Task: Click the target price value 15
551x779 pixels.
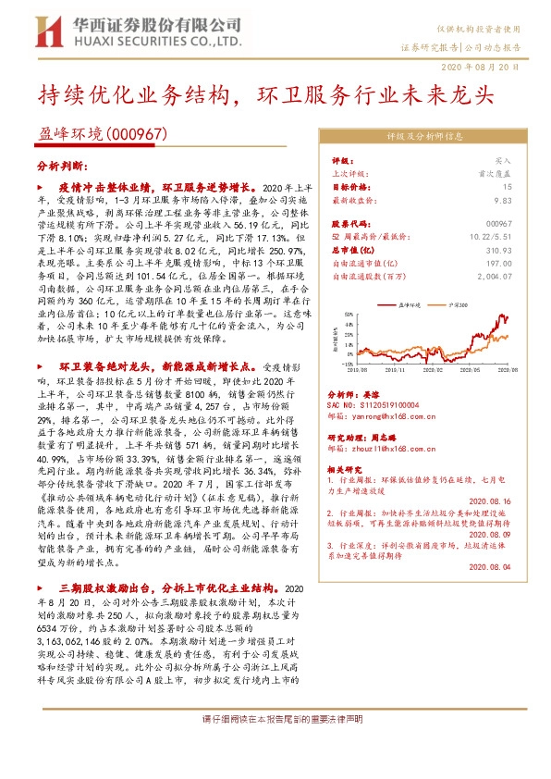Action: [508, 185]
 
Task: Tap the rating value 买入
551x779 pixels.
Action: [503, 159]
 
